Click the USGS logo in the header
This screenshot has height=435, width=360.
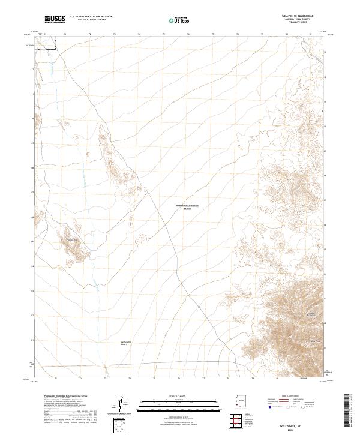point(55,20)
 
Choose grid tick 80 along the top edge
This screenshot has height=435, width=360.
point(287,35)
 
